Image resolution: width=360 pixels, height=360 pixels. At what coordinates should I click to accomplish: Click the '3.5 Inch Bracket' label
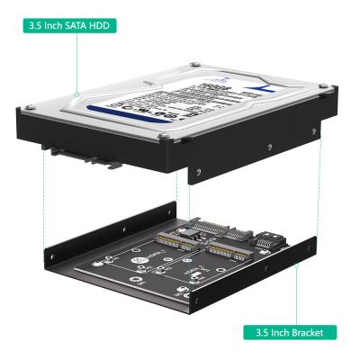[x=290, y=332]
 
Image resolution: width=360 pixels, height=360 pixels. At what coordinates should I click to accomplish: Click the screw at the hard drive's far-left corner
[x=26, y=107]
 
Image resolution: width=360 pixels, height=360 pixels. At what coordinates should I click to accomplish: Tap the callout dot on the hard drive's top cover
[x=76, y=93]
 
